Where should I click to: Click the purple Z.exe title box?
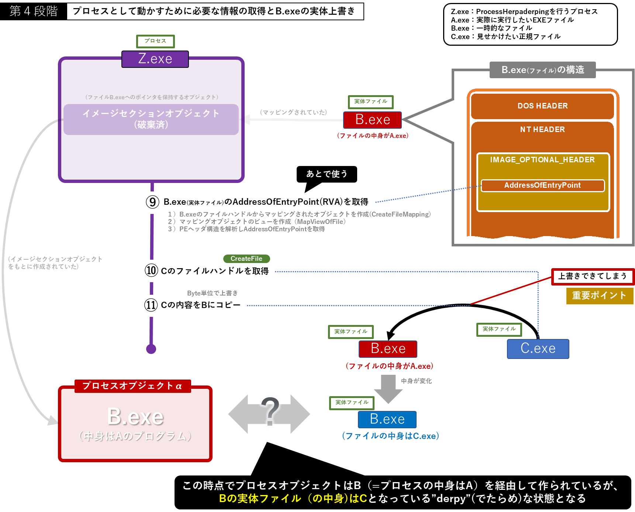[x=155, y=59]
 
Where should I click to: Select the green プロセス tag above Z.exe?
[x=155, y=41]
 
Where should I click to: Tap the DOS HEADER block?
[x=542, y=106]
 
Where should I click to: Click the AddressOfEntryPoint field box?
[x=542, y=185]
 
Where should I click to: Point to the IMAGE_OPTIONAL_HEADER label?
[x=542, y=160]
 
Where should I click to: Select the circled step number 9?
[x=152, y=202]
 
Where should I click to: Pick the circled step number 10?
[x=151, y=270]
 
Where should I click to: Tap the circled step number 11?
[x=151, y=305]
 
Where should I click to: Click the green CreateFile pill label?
[x=246, y=259]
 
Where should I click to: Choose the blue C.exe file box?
[x=538, y=349]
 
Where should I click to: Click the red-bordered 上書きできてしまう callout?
[x=593, y=276]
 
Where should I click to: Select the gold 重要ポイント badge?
[x=600, y=295]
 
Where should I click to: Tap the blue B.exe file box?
[x=387, y=419]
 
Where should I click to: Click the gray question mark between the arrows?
[x=270, y=411]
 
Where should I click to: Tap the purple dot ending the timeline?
[x=151, y=349]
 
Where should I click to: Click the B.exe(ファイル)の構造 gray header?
[x=543, y=70]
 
